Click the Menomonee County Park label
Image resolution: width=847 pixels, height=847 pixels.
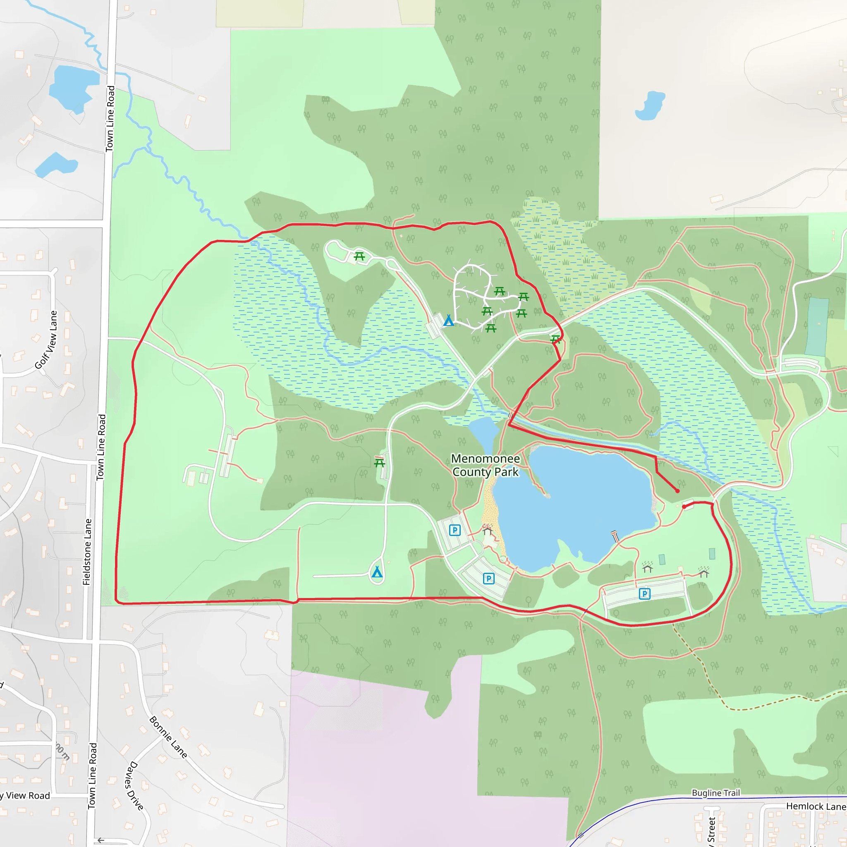coord(485,465)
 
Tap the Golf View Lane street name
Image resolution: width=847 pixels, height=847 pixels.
coord(46,340)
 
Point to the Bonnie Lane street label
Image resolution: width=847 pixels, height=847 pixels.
coord(168,737)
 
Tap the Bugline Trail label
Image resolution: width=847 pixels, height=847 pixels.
coord(715,793)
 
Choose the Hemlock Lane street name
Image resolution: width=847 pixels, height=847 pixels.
coord(816,806)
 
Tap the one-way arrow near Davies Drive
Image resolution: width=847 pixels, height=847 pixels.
coord(101,840)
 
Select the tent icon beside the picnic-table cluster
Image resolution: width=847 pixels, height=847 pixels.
coord(448,321)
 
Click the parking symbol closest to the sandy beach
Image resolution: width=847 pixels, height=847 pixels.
coord(455,531)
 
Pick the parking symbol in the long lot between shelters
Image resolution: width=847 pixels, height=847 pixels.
coord(644,594)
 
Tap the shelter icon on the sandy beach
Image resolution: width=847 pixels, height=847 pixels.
coord(488,531)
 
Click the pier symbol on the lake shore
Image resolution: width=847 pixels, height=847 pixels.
coord(615,536)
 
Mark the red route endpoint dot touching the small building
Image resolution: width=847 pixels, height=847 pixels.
coord(684,507)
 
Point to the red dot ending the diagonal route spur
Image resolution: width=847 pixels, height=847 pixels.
coord(677,491)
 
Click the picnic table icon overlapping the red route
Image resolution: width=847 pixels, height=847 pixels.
coord(555,339)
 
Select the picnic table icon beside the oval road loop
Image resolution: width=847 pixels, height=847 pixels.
coord(359,256)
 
